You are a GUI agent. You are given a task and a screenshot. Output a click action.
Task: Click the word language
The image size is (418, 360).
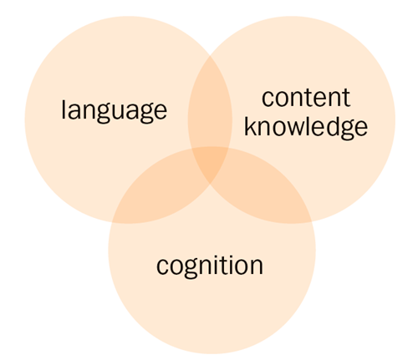114,110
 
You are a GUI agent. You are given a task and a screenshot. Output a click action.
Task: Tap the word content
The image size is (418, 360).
306,98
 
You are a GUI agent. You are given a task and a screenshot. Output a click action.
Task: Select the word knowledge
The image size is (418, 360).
306,128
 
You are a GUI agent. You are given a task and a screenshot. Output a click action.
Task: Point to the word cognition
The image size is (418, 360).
210,266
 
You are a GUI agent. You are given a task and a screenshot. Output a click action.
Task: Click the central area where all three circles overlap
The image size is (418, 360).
211,165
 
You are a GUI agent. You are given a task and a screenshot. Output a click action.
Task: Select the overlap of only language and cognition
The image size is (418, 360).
156,192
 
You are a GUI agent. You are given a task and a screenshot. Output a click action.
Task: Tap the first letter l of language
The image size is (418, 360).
64,109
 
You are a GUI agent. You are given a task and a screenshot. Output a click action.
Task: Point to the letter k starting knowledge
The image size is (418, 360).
251,126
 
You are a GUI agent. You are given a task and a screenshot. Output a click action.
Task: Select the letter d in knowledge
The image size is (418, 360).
331,126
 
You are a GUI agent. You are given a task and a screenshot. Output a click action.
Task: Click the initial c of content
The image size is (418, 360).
268,99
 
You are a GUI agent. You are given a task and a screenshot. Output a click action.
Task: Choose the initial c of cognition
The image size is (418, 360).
163,266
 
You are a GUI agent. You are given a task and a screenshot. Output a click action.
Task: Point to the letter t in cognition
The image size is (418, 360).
226,265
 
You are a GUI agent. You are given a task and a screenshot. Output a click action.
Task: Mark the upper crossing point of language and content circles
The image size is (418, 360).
210,56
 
